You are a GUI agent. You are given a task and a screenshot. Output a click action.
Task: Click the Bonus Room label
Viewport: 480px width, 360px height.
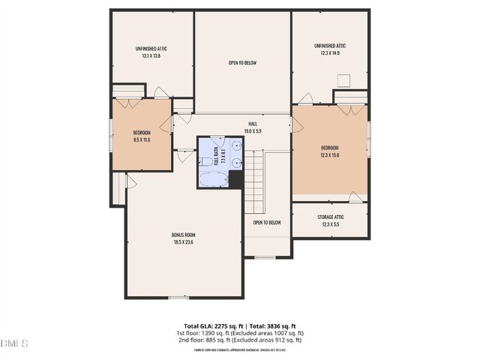point(183,238)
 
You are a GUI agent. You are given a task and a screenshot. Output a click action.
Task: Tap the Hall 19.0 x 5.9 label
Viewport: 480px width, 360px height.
point(253,127)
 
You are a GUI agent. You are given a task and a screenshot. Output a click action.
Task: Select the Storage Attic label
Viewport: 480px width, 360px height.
point(330,221)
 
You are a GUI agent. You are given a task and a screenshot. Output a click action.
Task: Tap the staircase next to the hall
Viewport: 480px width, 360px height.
point(257,180)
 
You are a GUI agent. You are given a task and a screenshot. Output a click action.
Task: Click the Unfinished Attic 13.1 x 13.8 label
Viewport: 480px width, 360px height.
point(151,52)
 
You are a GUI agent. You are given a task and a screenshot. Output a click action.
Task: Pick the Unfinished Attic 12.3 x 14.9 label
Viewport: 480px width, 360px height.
point(330,49)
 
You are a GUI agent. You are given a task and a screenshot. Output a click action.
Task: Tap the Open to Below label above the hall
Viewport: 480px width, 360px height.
point(242,63)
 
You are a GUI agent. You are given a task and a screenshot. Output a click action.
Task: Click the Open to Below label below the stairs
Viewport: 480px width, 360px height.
point(266,223)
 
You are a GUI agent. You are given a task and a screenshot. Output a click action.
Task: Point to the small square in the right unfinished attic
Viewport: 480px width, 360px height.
point(344,81)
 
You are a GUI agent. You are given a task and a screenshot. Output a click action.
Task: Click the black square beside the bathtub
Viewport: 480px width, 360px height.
point(235,180)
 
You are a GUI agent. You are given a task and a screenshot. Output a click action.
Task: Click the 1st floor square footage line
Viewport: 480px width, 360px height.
point(239,333)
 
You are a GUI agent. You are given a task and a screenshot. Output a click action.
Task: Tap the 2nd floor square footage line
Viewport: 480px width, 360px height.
point(239,340)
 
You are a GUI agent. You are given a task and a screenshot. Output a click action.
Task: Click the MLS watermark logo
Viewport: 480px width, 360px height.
point(13,343)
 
